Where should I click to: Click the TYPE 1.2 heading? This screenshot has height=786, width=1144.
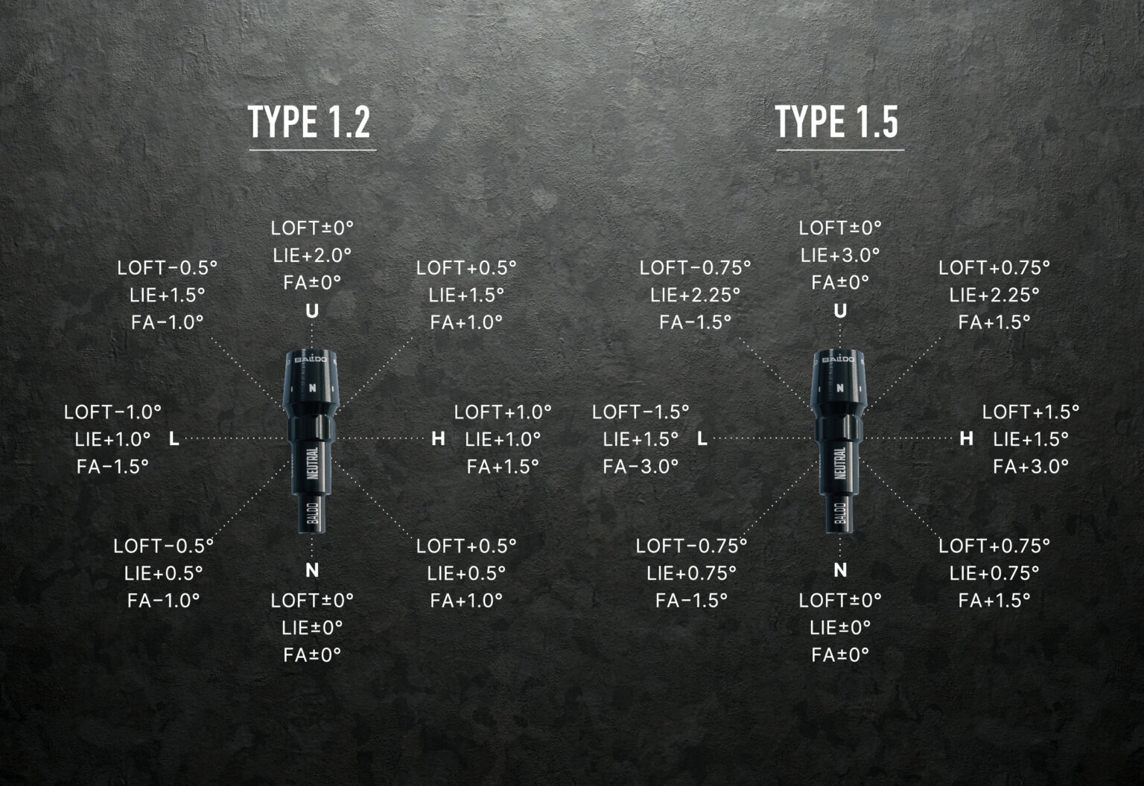309,121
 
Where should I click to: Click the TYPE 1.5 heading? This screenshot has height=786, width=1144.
836,121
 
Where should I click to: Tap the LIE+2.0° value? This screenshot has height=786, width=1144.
312,255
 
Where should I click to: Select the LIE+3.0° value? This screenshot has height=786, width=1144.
840,255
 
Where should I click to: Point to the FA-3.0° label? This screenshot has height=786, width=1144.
641,466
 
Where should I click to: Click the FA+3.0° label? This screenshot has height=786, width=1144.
1031,466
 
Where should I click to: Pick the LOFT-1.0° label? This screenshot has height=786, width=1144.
112,412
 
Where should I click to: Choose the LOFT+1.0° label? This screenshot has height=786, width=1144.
503,412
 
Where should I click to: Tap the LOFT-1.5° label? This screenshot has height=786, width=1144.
641,412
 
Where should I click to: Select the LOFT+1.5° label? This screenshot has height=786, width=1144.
1031,412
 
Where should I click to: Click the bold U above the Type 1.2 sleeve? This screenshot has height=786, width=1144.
312,310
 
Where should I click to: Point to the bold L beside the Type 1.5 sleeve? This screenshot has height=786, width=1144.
702,438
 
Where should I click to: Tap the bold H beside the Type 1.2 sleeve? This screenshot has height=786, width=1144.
438,438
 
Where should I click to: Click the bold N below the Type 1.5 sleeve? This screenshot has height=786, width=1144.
840,570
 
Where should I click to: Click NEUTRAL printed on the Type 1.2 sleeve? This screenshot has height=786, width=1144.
312,463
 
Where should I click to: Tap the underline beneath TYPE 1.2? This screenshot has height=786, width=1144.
313,150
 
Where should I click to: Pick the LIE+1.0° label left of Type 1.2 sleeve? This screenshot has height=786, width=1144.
112,439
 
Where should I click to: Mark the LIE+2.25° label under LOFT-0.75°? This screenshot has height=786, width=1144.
695,295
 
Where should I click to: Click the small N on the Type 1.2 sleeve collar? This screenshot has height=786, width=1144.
312,388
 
